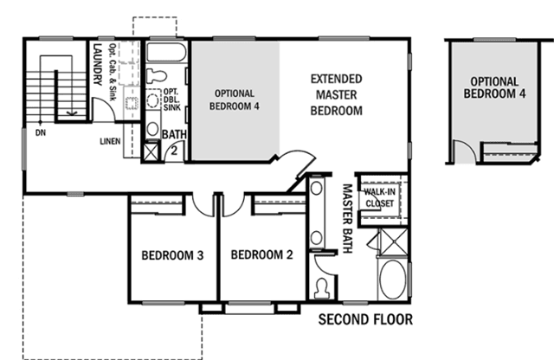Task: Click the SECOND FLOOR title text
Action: pos(365,319)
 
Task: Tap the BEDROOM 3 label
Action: pos(172,255)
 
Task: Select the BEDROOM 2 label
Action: pos(261,254)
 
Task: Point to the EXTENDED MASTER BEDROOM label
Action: pos(337,94)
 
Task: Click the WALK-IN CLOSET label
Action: pos(380,197)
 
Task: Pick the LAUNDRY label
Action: pos(98,64)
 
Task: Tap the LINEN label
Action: pos(110,141)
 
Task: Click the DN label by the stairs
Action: pos(41,132)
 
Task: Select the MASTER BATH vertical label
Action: pos(348,218)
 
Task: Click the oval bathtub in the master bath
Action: pos(393,280)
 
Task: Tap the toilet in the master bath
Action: pos(322,287)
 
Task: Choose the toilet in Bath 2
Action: pos(156,75)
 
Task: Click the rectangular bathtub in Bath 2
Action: pos(166,52)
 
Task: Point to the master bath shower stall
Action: pos(394,242)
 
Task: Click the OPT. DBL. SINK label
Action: pos(172,100)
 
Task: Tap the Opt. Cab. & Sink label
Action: pos(113,72)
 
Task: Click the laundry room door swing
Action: pos(103,108)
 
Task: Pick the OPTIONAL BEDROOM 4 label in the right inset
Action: pos(494,87)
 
